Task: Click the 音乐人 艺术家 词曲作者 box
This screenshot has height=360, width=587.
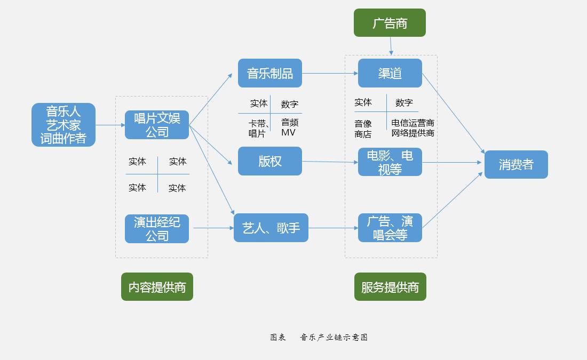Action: click(64, 125)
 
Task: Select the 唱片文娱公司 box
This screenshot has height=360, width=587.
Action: click(157, 125)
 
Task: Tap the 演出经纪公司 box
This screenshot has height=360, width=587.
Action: click(157, 229)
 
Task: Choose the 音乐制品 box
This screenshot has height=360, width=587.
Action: click(270, 73)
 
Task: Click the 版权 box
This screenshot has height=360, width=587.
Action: click(270, 161)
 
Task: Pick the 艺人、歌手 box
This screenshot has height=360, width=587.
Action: click(271, 228)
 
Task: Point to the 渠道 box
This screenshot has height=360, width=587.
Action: click(390, 73)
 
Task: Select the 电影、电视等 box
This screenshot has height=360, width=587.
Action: click(390, 162)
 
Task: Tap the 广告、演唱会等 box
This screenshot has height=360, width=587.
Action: click(390, 228)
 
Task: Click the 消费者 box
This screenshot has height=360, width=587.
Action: click(516, 164)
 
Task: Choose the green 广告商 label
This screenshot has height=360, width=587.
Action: click(390, 23)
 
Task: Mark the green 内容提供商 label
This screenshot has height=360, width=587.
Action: click(157, 287)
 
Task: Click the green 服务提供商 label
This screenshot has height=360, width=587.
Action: click(390, 287)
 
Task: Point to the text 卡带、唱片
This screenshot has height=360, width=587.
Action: click(258, 128)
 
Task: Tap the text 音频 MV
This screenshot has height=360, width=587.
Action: click(289, 127)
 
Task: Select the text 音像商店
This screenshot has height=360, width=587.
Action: click(363, 129)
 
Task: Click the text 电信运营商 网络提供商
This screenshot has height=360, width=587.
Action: click(413, 128)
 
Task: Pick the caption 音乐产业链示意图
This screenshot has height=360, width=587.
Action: click(334, 337)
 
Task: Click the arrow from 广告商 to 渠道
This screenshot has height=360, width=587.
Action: click(391, 46)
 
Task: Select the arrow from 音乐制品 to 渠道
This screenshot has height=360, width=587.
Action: click(330, 73)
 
